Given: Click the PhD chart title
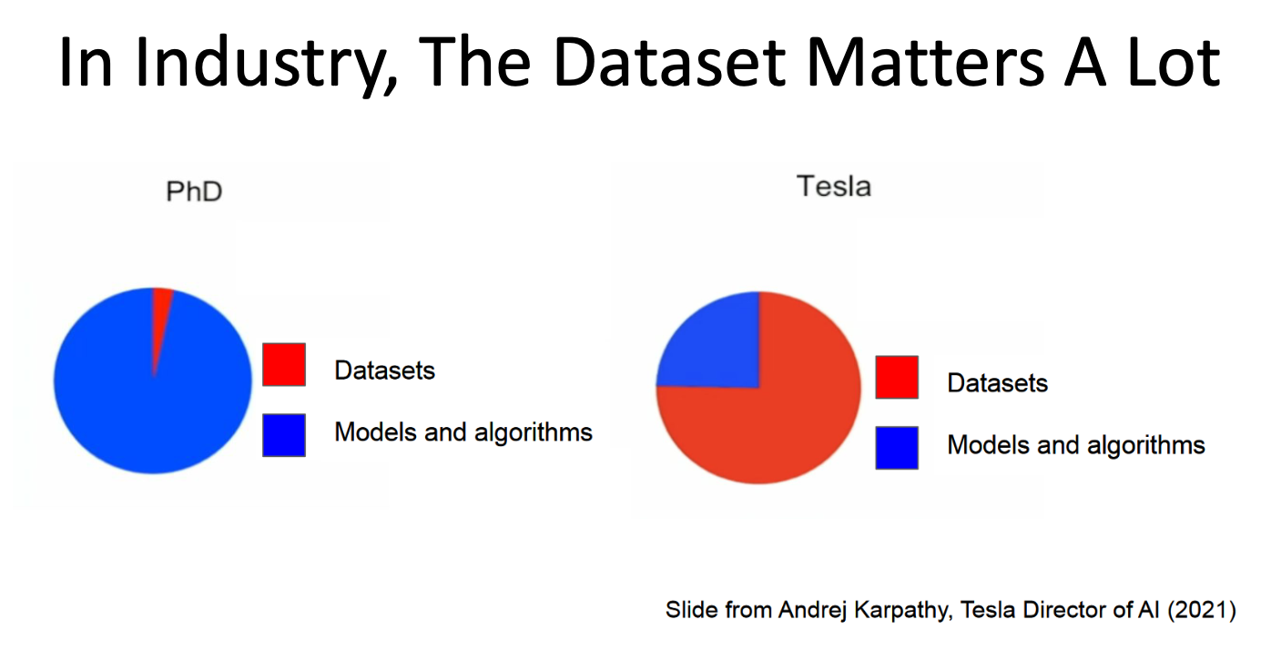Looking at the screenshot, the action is pos(194,192).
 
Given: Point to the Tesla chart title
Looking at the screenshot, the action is pos(834,187).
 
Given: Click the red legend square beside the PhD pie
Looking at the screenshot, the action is pos(284,365).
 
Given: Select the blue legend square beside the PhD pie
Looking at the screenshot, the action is pos(284,435).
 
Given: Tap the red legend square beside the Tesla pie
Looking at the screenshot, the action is pos(897,377).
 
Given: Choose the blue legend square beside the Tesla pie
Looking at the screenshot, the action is pos(897,448).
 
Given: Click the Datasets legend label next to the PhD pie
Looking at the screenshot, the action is pos(385,371).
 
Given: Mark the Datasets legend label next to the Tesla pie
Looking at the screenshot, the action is pos(998,383).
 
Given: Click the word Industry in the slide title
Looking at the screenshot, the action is pos(266,64).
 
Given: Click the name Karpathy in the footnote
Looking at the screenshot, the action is pos(901,611).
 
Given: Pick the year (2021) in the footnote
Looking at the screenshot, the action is pos(1202,611).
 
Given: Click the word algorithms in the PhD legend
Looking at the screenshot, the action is pos(534,433).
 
